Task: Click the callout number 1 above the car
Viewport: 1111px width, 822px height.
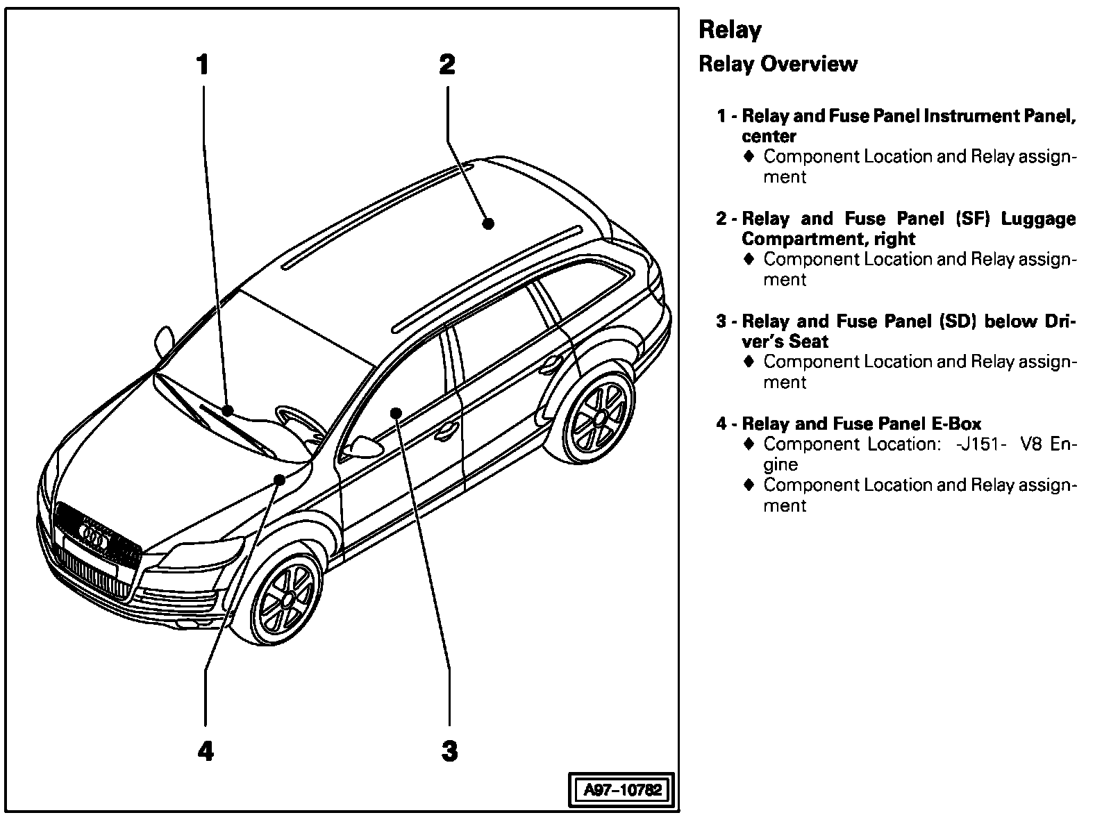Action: pyautogui.click(x=202, y=65)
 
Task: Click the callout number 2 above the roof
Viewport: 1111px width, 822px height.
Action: pyautogui.click(x=447, y=65)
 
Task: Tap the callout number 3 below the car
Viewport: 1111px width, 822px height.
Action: pyautogui.click(x=450, y=750)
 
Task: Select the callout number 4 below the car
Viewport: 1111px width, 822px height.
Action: pyautogui.click(x=206, y=750)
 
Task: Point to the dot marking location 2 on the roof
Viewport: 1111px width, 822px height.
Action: pyautogui.click(x=488, y=224)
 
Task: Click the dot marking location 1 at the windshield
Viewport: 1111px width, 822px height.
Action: pyautogui.click(x=227, y=410)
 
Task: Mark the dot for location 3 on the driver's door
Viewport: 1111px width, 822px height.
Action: pyautogui.click(x=396, y=413)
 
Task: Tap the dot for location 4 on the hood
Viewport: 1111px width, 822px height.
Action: pyautogui.click(x=280, y=480)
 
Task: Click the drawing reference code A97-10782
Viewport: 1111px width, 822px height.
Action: pyautogui.click(x=622, y=790)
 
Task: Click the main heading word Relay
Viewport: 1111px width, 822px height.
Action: pyautogui.click(x=730, y=30)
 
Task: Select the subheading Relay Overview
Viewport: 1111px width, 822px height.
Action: pyautogui.click(x=778, y=64)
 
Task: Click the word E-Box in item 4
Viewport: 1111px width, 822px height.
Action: pyautogui.click(x=956, y=423)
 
